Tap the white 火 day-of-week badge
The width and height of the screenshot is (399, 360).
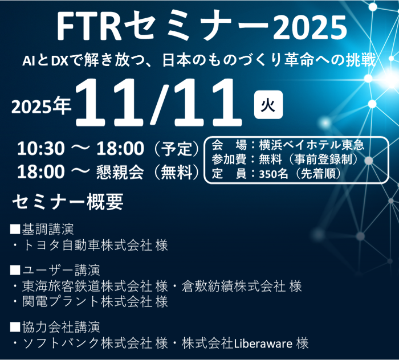(x=264, y=106)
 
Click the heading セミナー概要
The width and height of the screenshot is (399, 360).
(x=67, y=202)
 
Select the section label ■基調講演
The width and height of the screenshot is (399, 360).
(x=42, y=230)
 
